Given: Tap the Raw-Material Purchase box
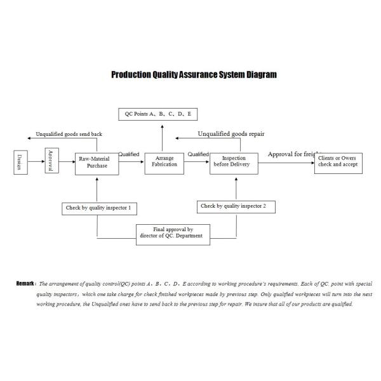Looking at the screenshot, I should (97, 163).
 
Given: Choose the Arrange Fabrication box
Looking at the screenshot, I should (164, 163).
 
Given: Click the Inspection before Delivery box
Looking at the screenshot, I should (233, 163).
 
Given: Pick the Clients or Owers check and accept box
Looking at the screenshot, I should (338, 163).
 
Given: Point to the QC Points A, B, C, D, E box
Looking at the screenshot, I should (159, 114).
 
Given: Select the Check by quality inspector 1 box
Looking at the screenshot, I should (99, 207).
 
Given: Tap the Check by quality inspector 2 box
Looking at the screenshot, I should (238, 206).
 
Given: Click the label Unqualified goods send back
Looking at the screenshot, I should (69, 135).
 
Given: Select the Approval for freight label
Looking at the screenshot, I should (292, 154).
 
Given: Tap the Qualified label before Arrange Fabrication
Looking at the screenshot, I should (129, 154).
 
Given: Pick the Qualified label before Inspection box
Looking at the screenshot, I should (198, 154).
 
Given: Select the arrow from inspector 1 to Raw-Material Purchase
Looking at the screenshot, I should (97, 188).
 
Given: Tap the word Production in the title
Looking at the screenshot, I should (131, 74).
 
